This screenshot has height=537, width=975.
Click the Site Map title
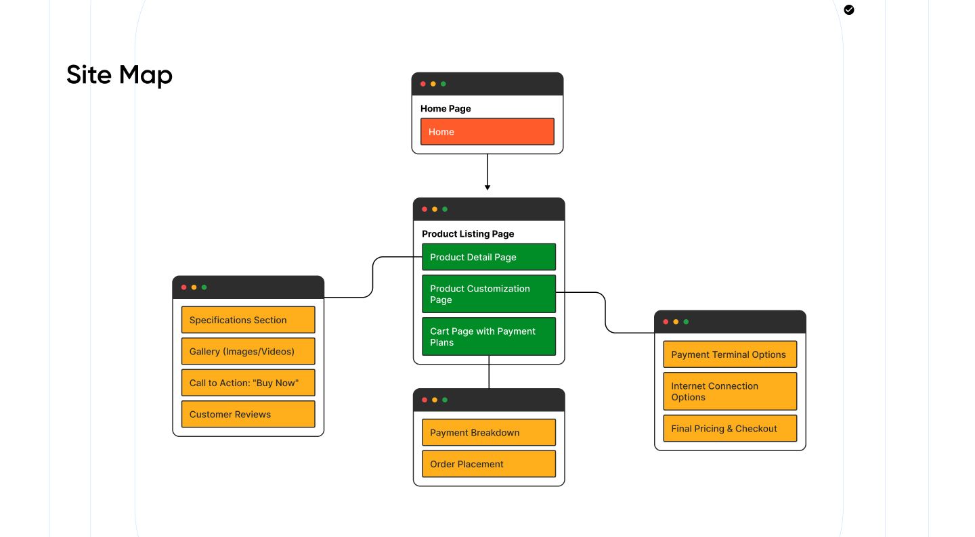point(119,74)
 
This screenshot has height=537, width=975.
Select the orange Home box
point(487,132)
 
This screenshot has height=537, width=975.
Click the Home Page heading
point(446,108)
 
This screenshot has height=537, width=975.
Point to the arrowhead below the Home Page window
point(487,187)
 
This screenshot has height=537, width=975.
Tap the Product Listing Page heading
point(468,234)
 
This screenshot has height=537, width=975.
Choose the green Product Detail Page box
point(488,257)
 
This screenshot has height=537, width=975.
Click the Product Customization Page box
point(488,294)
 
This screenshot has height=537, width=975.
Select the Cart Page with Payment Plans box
point(488,336)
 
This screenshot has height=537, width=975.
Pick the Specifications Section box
point(248,320)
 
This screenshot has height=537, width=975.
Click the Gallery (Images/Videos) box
point(248,352)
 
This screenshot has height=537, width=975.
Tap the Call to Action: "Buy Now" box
point(248,383)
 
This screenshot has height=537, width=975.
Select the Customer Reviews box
point(248,414)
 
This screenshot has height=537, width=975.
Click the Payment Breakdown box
point(488,432)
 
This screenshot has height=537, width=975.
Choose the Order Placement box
point(488,464)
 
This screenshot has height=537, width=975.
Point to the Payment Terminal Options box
point(729,354)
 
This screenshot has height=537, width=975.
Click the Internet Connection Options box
point(729,391)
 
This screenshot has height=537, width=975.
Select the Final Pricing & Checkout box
point(729,428)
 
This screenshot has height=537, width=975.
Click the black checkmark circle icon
point(849,9)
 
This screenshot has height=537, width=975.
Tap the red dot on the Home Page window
point(423,84)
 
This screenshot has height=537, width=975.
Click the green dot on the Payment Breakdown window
point(445,400)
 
